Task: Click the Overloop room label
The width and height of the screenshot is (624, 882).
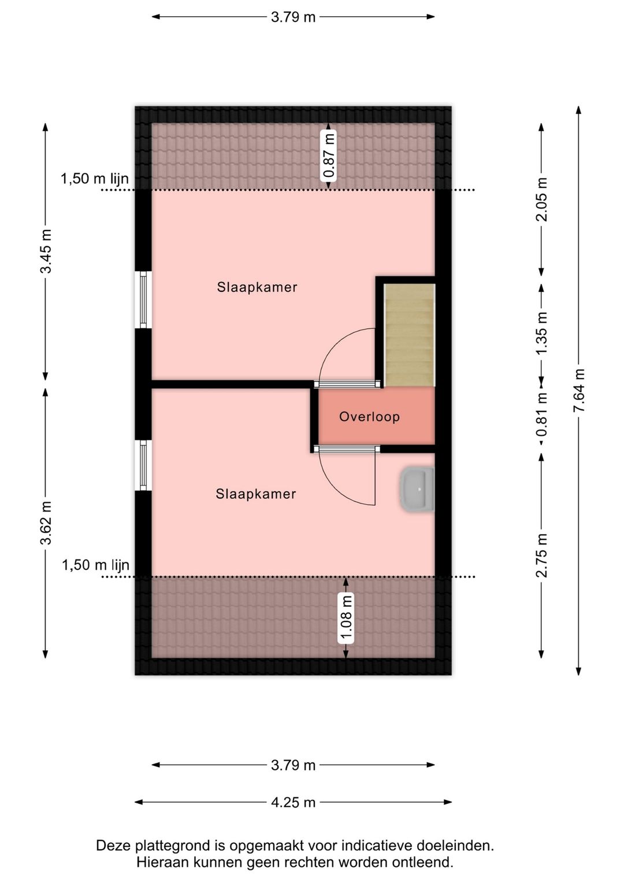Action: (369, 417)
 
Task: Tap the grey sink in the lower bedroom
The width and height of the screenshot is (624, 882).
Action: (417, 489)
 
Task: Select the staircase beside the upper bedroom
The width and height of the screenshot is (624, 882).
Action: (410, 335)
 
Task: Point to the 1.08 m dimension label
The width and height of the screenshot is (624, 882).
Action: (346, 618)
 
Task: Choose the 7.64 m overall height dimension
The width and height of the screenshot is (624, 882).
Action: (578, 391)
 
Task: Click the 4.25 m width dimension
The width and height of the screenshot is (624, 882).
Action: (294, 802)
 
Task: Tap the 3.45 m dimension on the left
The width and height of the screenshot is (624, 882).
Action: (46, 251)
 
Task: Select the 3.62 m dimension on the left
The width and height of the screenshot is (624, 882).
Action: (46, 522)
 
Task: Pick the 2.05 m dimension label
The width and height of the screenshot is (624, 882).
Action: (542, 199)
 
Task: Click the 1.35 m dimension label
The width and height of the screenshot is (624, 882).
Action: (542, 333)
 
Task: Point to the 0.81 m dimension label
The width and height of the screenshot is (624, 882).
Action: (542, 414)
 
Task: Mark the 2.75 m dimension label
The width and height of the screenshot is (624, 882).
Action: (542, 555)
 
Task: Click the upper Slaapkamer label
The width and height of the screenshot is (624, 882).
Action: (257, 287)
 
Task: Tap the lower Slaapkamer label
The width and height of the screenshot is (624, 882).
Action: (256, 494)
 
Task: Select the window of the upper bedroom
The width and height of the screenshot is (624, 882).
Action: (143, 299)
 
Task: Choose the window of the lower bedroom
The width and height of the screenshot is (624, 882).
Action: (143, 465)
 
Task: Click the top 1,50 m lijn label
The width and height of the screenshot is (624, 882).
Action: (95, 179)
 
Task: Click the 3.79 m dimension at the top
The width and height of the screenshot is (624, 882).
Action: (294, 17)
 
